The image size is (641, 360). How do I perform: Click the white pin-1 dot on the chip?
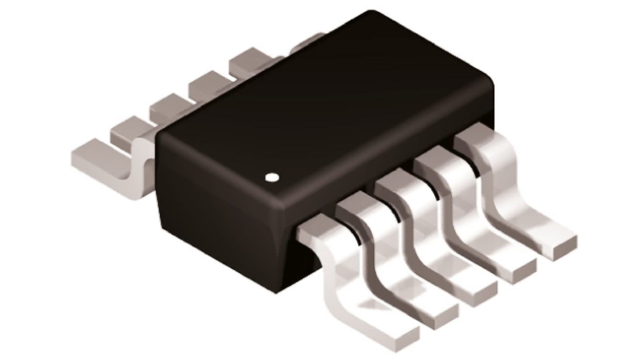pyautogui.click(x=271, y=177)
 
